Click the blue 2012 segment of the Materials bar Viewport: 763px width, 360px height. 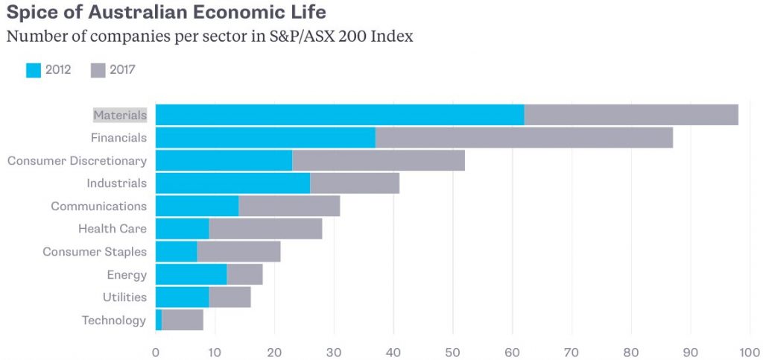340,115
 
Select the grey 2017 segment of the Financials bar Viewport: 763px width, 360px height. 518,138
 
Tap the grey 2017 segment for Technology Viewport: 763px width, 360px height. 183,320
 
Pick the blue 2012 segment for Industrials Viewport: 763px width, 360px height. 232,183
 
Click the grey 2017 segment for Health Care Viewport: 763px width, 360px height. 265,229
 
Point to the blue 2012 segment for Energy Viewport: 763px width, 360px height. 191,274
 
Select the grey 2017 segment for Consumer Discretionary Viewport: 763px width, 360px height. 379,160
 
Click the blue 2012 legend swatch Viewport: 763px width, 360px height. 34,71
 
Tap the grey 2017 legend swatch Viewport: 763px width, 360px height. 98,71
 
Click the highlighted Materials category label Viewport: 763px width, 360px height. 120,116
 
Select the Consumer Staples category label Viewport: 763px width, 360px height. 95,252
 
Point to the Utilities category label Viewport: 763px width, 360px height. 124,297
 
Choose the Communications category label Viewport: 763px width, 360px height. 98,206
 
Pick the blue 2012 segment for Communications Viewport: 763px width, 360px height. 197,206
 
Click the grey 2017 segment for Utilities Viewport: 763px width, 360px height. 229,297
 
